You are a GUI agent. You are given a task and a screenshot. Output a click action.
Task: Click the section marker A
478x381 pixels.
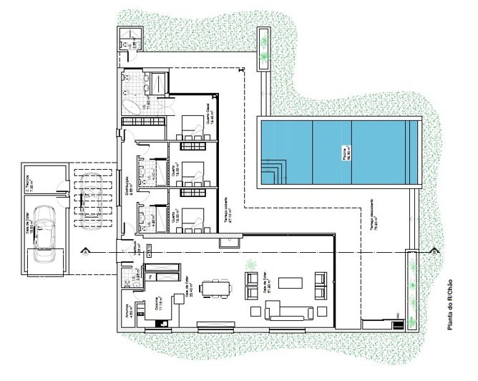pyautogui.click(x=85, y=252)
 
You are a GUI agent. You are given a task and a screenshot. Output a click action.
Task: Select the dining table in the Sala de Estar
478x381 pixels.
pyautogui.click(x=216, y=288)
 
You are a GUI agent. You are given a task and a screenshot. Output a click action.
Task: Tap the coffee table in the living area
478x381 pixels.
pyautogui.click(x=291, y=283)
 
